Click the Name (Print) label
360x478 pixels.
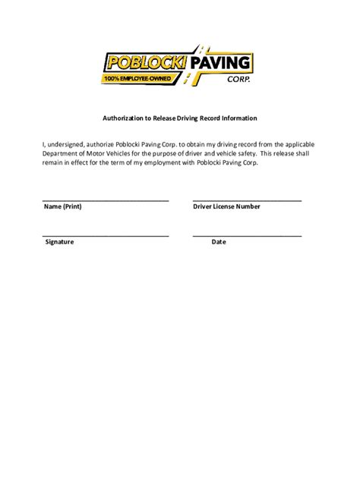[x=63, y=206]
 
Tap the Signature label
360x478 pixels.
[x=59, y=242]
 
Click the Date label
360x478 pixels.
[x=219, y=242]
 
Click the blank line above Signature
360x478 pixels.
[x=106, y=235]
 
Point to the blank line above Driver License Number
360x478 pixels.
[x=247, y=200]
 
